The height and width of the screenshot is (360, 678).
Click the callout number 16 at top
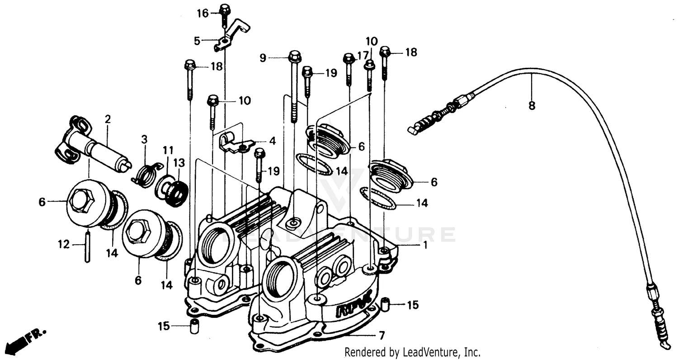tap(202, 13)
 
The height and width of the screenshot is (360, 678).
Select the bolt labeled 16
tap(225, 13)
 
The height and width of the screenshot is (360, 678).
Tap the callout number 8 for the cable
tap(532, 106)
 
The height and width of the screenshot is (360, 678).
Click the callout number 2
tap(108, 119)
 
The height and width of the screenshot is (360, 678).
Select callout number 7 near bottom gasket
tap(381, 336)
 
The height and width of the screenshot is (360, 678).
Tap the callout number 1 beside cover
tap(424, 245)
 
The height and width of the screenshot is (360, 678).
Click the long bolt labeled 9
tap(294, 86)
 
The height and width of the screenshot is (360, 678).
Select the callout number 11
tap(168, 150)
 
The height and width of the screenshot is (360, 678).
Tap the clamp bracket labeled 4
tap(235, 144)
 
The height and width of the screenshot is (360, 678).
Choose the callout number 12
tap(64, 245)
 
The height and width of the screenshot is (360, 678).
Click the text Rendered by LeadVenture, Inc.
tap(412, 352)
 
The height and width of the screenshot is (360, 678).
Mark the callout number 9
tap(263, 57)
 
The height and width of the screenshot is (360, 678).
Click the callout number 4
tap(272, 141)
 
